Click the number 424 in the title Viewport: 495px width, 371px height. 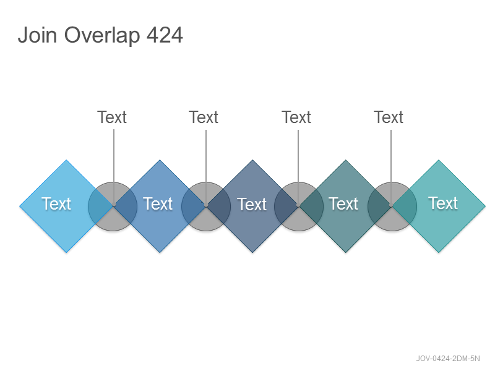165,35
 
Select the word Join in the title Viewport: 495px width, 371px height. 37,35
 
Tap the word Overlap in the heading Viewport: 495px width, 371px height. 102,35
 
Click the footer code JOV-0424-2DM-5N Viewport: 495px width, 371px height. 447,359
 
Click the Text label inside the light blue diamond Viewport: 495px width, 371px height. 56,204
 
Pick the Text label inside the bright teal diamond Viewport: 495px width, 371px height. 443,203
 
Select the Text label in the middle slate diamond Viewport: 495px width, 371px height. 252,205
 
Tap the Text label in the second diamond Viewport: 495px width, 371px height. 158,204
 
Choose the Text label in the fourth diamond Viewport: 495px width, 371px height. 343,204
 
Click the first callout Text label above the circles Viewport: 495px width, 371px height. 112,117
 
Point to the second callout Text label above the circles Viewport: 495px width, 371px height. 204,117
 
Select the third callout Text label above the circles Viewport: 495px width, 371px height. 296,117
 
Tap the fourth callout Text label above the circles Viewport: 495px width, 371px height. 389,117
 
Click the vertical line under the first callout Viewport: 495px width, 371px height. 114,167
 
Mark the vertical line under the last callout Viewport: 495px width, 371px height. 391,167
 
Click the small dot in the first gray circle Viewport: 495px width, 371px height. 114,205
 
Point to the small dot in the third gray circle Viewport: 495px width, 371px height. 298,205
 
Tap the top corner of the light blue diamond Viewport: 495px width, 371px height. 66,160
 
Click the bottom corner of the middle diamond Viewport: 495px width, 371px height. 252,253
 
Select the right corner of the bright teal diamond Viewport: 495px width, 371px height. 485,207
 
